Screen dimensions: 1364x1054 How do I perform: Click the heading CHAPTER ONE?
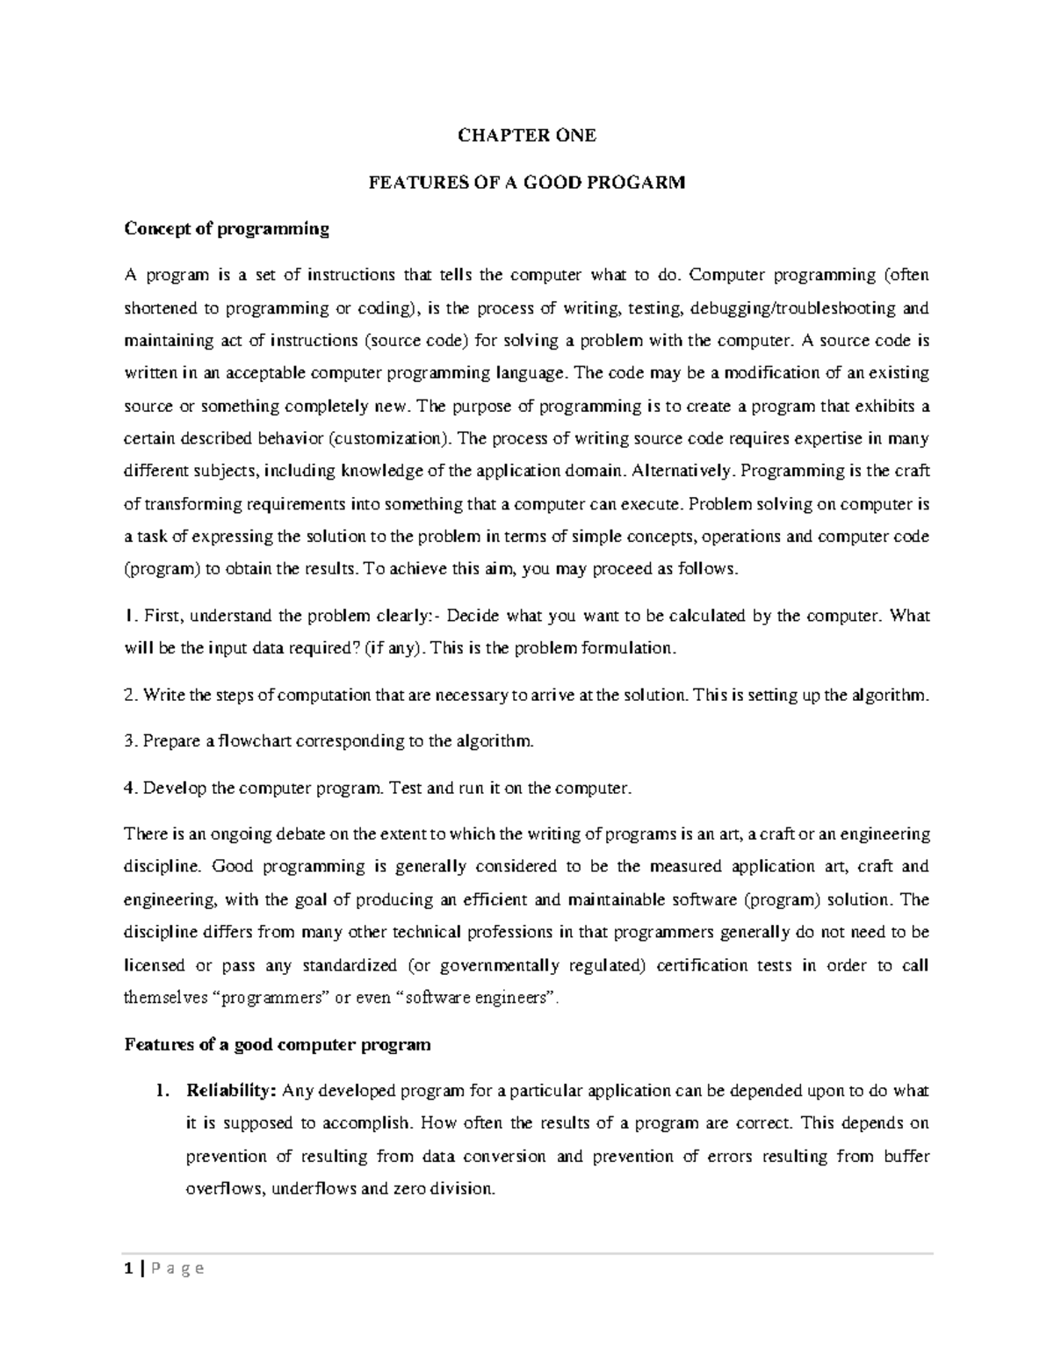pos(527,135)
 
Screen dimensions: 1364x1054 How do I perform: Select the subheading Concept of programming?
pos(227,229)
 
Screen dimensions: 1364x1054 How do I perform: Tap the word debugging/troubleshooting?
pos(794,308)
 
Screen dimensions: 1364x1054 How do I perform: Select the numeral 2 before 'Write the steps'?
pos(129,696)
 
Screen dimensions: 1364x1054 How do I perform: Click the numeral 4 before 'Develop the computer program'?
pos(129,788)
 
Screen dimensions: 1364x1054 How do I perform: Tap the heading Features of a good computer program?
pos(278,1044)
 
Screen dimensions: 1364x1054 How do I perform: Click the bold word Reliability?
pos(232,1091)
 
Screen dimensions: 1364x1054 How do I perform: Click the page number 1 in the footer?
pos(128,1268)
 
